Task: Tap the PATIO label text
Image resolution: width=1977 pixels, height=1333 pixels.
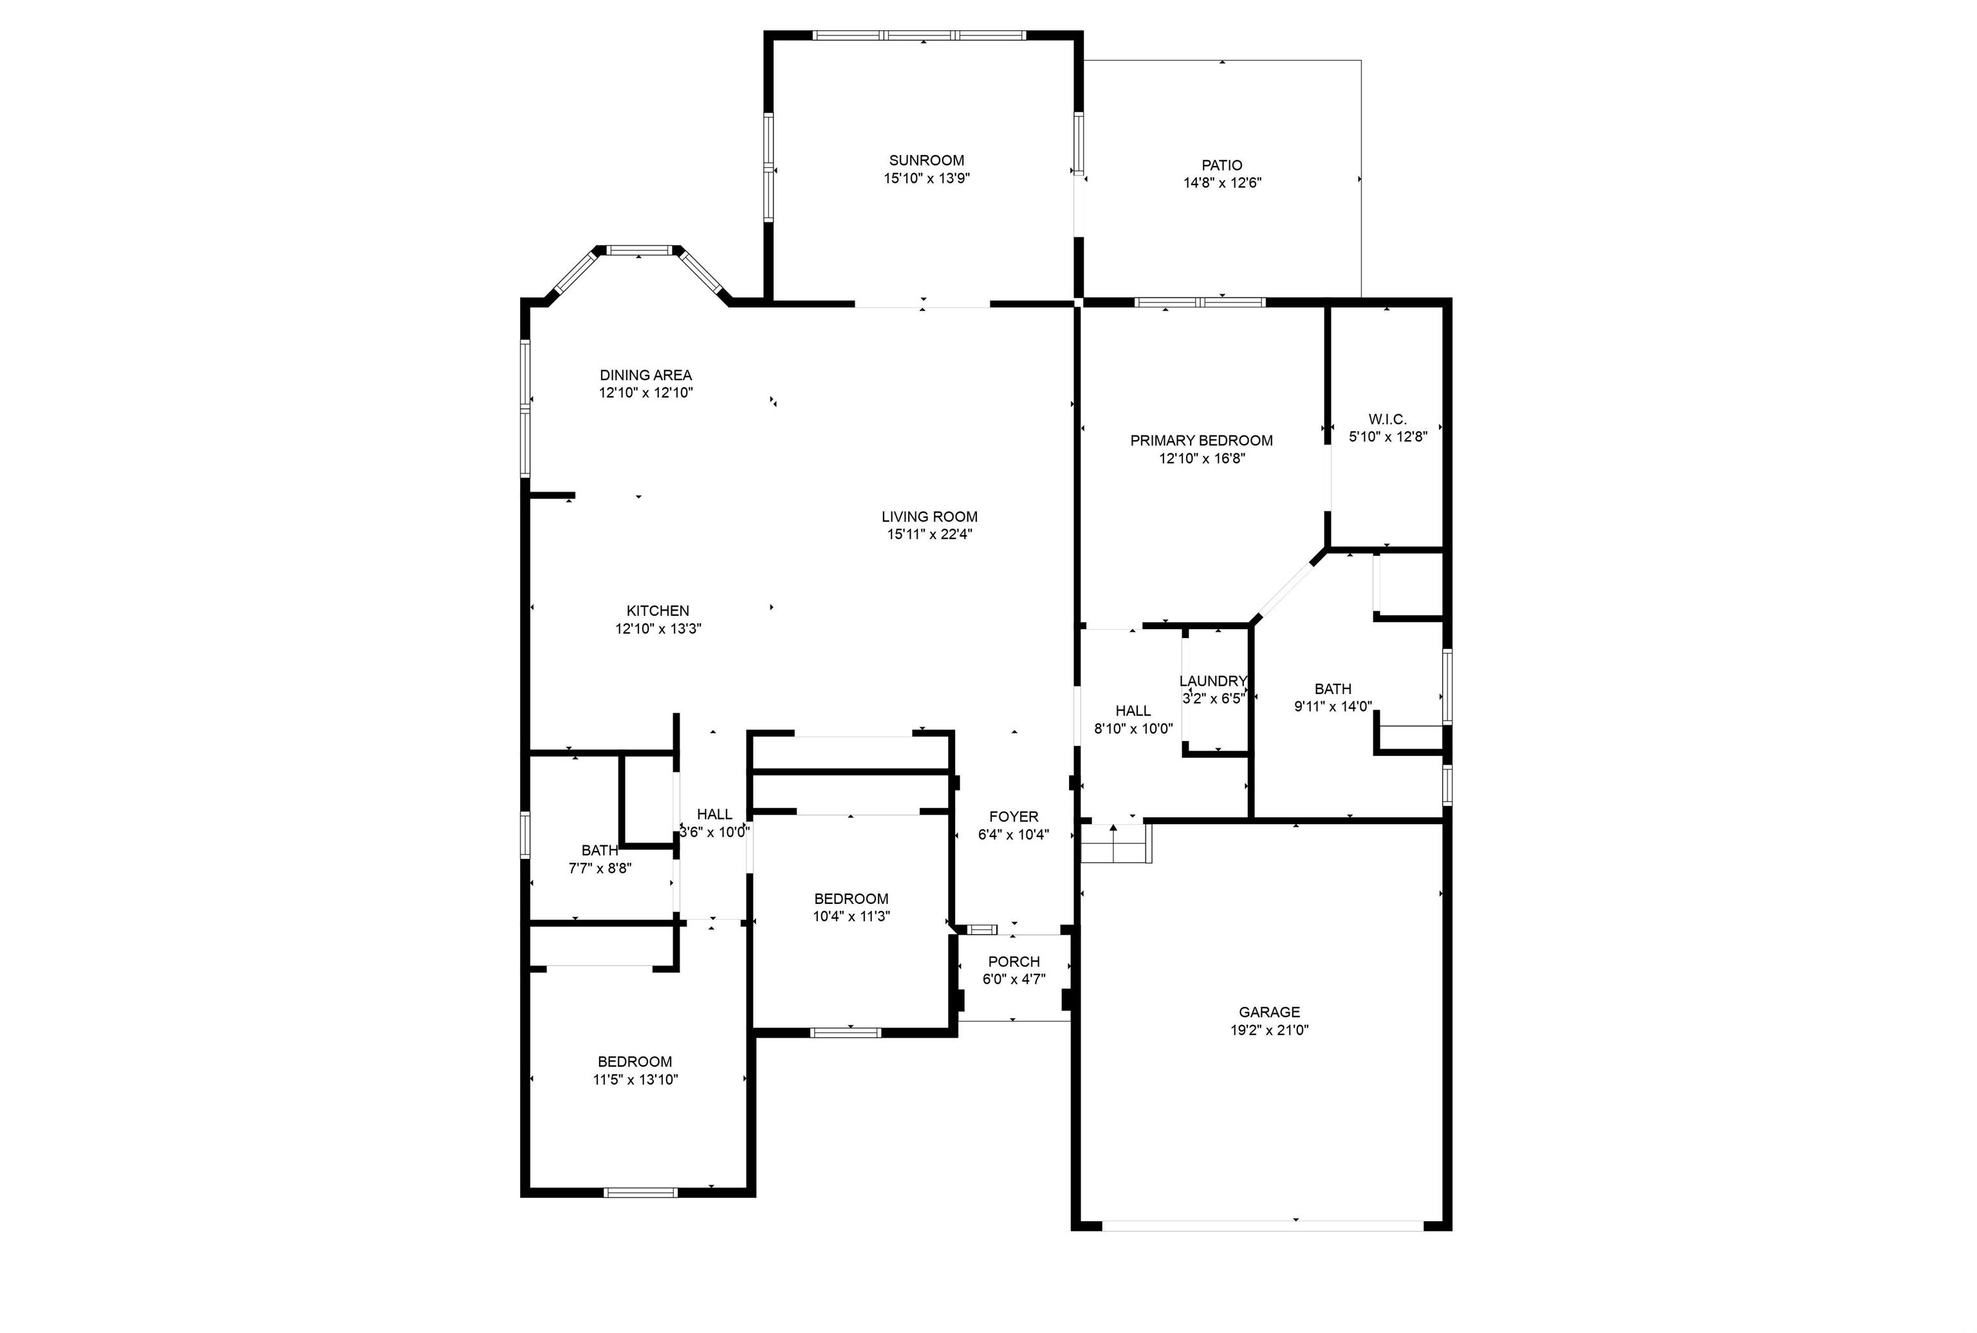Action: (x=1222, y=165)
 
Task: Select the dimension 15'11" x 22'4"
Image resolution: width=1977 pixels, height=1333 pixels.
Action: (x=929, y=534)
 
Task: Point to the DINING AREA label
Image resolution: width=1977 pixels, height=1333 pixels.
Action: (x=645, y=375)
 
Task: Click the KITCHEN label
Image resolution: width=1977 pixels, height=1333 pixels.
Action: (x=657, y=611)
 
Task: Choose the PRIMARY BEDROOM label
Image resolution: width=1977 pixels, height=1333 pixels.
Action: (x=1202, y=440)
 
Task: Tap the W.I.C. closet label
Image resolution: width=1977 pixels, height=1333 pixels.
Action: (x=1388, y=419)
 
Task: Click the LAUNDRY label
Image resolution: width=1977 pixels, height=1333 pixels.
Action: (x=1212, y=681)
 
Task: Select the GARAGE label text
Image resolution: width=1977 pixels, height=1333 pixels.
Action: (x=1268, y=1011)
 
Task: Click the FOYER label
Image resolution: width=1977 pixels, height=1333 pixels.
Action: (x=1014, y=817)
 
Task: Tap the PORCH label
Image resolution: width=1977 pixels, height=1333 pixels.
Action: (x=1014, y=962)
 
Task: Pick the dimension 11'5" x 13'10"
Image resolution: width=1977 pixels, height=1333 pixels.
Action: (x=635, y=1080)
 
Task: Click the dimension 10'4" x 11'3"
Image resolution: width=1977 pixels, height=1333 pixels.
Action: (x=851, y=916)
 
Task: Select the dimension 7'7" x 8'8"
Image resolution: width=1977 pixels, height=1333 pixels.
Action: (x=600, y=868)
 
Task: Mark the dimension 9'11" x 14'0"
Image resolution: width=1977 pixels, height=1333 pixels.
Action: (x=1332, y=706)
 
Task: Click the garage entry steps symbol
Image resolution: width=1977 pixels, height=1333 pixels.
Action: (x=1116, y=843)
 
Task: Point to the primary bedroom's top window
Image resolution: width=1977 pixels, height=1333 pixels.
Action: (x=1199, y=302)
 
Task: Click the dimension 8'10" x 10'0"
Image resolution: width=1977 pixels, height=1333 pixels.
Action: (x=1133, y=728)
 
